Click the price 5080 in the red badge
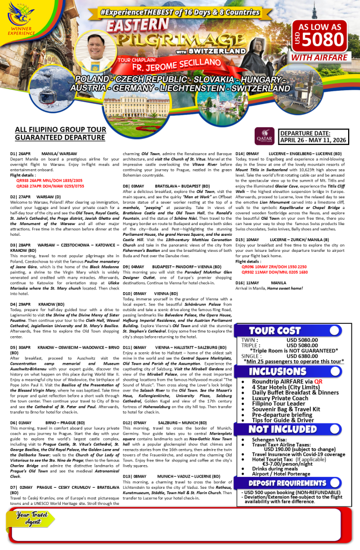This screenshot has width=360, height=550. (322, 39)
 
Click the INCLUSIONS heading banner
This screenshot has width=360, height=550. (278, 372)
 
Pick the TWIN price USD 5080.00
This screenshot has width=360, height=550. (303, 339)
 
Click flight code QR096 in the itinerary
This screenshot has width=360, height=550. (249, 266)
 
